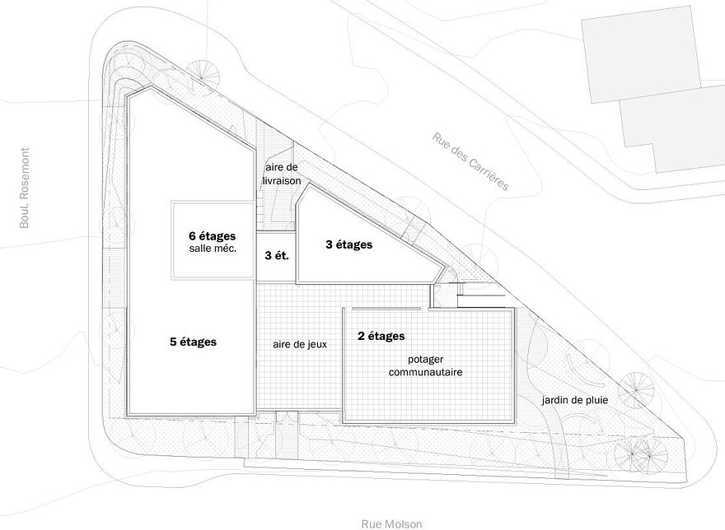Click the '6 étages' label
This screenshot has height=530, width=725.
click(x=212, y=236)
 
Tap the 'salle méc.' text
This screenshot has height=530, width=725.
click(x=213, y=249)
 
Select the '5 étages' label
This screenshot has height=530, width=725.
click(x=194, y=342)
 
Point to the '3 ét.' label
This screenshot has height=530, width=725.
click(x=277, y=255)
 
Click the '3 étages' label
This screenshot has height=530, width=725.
click(x=349, y=244)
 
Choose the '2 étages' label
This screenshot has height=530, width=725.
click(x=381, y=336)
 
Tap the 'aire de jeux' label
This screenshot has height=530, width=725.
click(x=300, y=344)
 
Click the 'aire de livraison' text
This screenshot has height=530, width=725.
click(x=282, y=174)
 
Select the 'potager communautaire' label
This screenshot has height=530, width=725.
click(x=425, y=365)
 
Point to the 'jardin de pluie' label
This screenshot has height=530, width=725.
click(x=575, y=400)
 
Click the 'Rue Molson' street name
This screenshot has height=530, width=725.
click(x=391, y=524)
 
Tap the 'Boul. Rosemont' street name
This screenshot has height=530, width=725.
click(x=25, y=188)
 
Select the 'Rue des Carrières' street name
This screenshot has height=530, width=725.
click(x=470, y=161)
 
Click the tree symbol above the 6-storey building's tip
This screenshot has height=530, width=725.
click(x=203, y=74)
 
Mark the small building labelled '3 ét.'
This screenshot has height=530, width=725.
click(x=276, y=258)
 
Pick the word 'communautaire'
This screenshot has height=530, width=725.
click(x=425, y=372)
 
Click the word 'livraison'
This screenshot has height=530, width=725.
click(x=282, y=181)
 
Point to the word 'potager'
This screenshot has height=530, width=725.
click(x=425, y=360)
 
